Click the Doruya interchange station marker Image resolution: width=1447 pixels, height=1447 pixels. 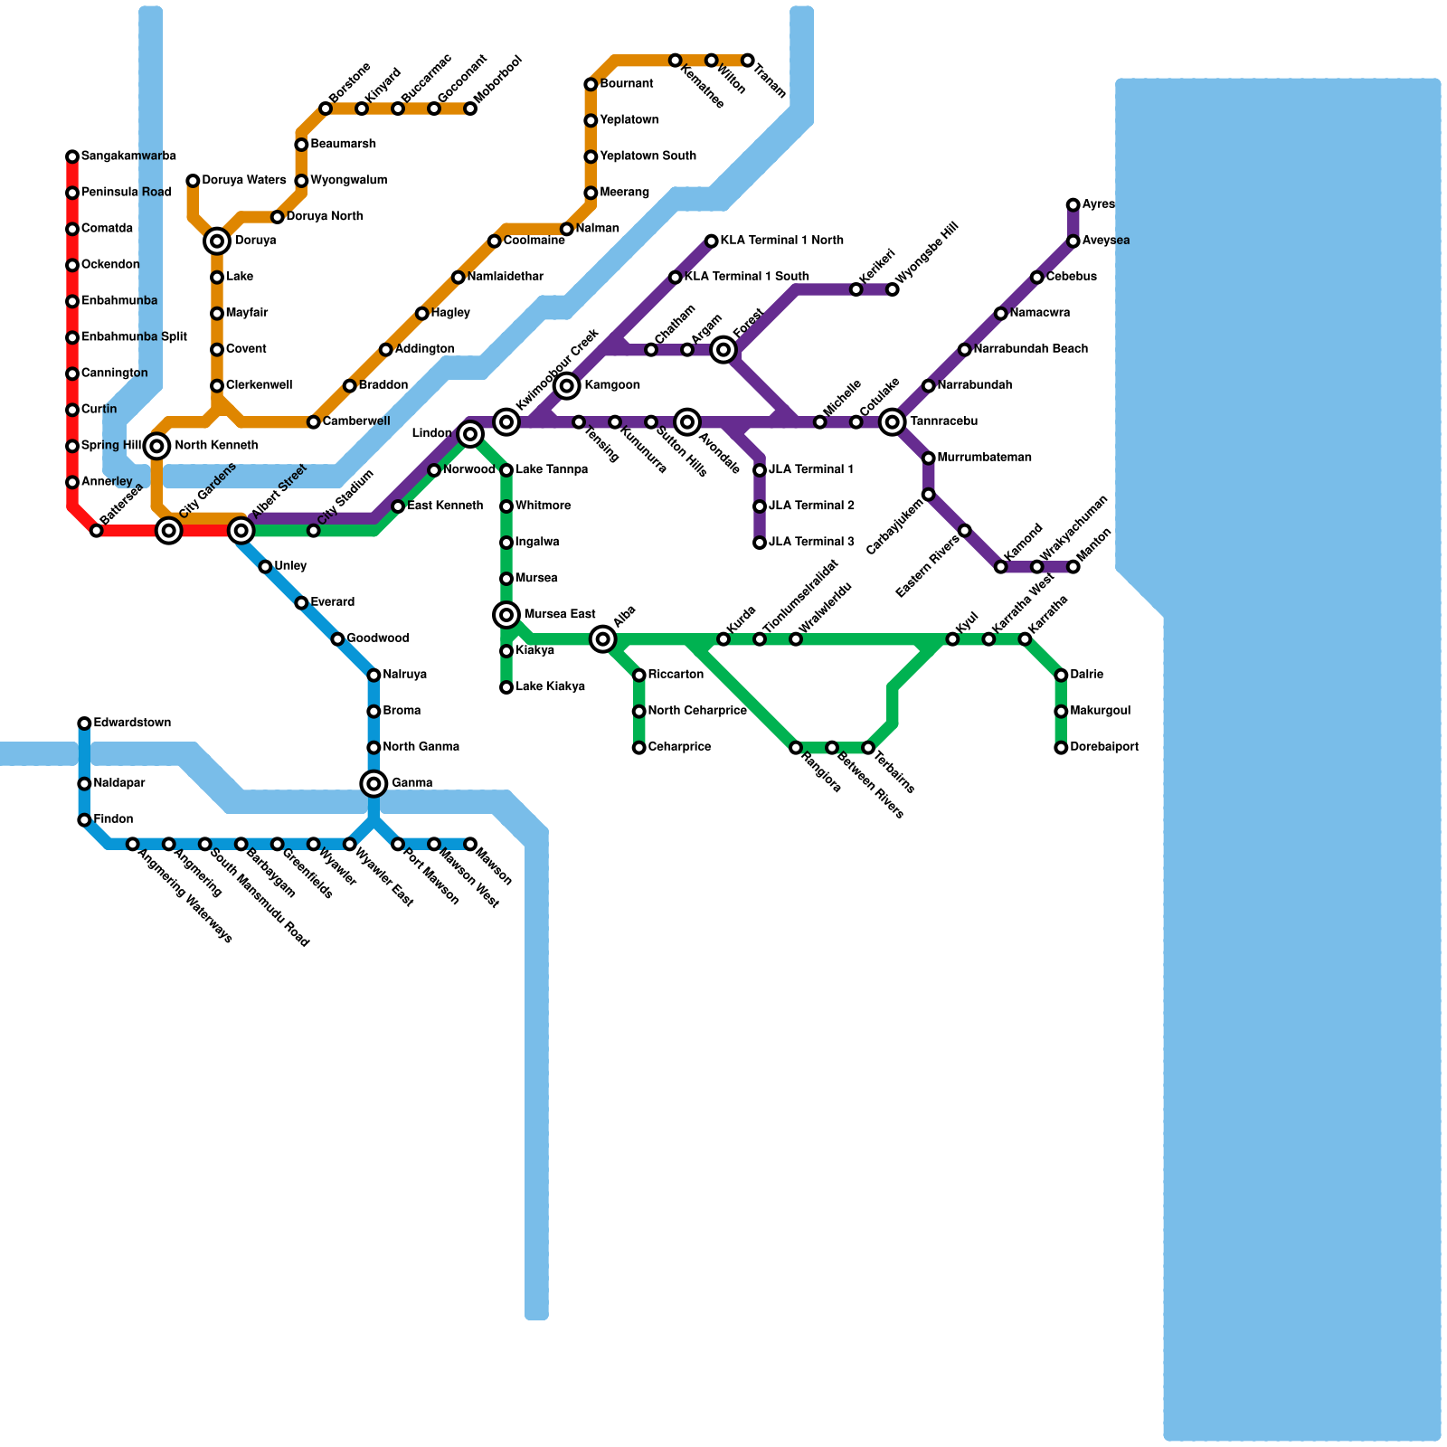click(217, 241)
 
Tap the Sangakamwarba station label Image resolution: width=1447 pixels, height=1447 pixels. click(128, 156)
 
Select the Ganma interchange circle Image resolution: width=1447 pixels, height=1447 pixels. click(374, 783)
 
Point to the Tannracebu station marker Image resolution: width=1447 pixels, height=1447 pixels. click(893, 421)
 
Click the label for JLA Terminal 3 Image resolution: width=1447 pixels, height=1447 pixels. click(811, 542)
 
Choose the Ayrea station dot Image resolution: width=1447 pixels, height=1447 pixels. click(1073, 204)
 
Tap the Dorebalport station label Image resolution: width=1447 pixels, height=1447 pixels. click(1103, 747)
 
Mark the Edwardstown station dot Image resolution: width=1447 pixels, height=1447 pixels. click(84, 723)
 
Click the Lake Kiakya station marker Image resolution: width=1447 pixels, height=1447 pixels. click(506, 687)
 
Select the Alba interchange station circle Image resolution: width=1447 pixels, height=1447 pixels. click(603, 639)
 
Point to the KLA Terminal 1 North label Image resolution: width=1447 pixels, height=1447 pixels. click(782, 241)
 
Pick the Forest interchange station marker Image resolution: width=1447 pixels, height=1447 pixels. click(723, 349)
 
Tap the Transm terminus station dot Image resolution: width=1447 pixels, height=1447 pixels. click(748, 61)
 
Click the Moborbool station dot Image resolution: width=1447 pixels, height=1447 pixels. click(470, 109)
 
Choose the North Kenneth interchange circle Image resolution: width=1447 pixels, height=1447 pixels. click(157, 446)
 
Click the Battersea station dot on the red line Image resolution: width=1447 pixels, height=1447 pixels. click(97, 531)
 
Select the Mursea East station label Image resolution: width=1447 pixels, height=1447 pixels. click(560, 615)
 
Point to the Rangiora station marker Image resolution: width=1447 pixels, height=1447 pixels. click(796, 748)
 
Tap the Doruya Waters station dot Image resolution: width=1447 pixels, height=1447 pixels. click(193, 181)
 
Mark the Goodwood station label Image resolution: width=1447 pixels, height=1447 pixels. click(378, 638)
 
